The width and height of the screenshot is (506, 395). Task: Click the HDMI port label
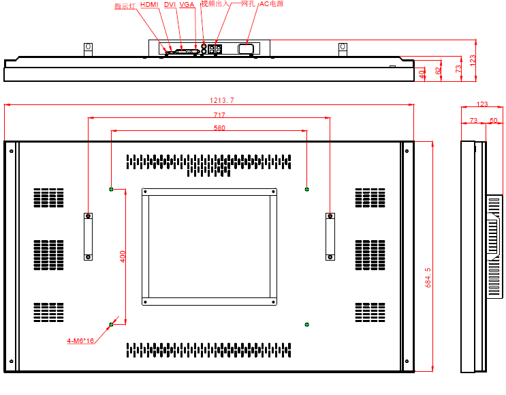tap(149, 5)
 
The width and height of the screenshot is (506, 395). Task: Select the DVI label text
tap(170, 5)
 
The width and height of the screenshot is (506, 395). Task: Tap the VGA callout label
tap(187, 5)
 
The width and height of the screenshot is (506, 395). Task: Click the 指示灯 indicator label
tap(125, 6)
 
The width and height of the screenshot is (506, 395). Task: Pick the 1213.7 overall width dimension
tap(221, 100)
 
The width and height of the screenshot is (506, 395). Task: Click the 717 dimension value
tap(219, 115)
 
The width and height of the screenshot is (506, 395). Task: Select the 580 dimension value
tap(219, 128)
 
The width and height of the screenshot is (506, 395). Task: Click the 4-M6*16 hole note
tap(80, 340)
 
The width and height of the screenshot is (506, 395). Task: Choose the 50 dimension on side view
tap(494, 121)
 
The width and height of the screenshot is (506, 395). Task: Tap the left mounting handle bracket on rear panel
tap(88, 236)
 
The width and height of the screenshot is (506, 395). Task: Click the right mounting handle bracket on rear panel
tap(330, 236)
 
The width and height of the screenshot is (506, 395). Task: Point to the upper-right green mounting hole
tap(306, 189)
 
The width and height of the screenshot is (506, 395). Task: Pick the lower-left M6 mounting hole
tap(112, 324)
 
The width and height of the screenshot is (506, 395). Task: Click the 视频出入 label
tap(215, 4)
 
